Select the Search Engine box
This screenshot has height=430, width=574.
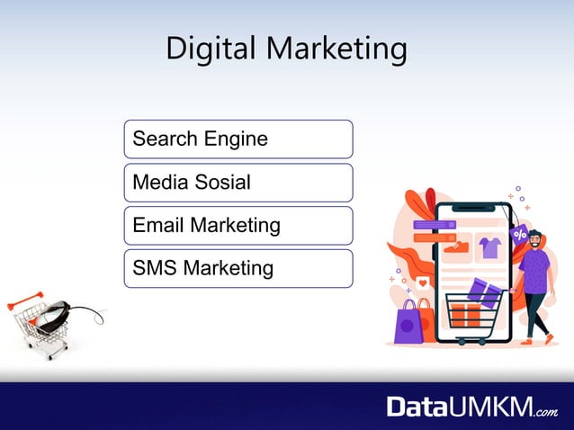[238, 139]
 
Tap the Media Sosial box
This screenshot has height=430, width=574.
[238, 183]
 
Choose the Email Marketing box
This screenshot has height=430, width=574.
[238, 225]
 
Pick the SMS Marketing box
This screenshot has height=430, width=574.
[238, 268]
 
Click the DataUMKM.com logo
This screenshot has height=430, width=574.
[471, 407]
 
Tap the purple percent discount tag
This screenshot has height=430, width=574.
[519, 235]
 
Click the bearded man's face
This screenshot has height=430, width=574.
[535, 240]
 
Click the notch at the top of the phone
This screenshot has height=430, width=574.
[473, 207]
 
